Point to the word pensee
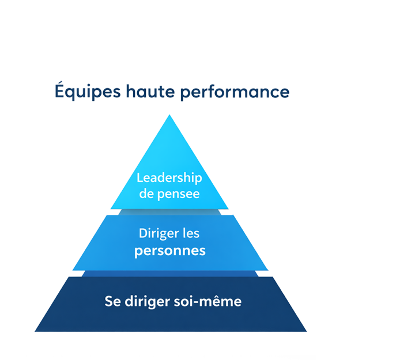[179, 194]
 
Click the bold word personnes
[169, 251]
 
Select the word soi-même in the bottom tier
[210, 301]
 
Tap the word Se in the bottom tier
[111, 301]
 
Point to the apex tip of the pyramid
[169, 116]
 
